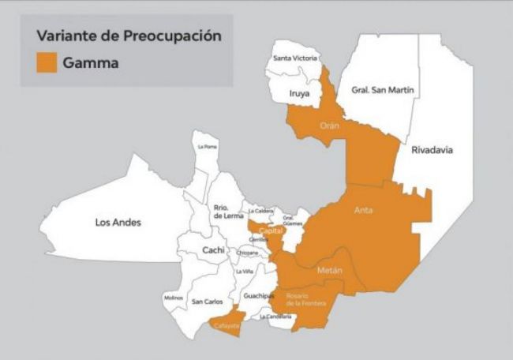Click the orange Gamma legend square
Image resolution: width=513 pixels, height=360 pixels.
click(x=46, y=62)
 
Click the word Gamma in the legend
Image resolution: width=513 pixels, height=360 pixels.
click(x=92, y=62)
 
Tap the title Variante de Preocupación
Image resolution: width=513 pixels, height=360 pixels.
click(x=128, y=36)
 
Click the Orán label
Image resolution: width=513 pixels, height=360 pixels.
click(x=329, y=125)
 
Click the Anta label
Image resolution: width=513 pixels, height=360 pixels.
click(x=364, y=210)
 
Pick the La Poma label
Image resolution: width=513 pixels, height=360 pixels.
click(x=207, y=146)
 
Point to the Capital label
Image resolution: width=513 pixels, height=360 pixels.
click(x=271, y=231)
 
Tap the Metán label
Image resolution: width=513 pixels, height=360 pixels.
click(x=330, y=271)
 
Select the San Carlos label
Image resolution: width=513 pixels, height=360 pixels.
click(x=208, y=301)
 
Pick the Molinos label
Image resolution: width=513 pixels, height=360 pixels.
click(x=174, y=297)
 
